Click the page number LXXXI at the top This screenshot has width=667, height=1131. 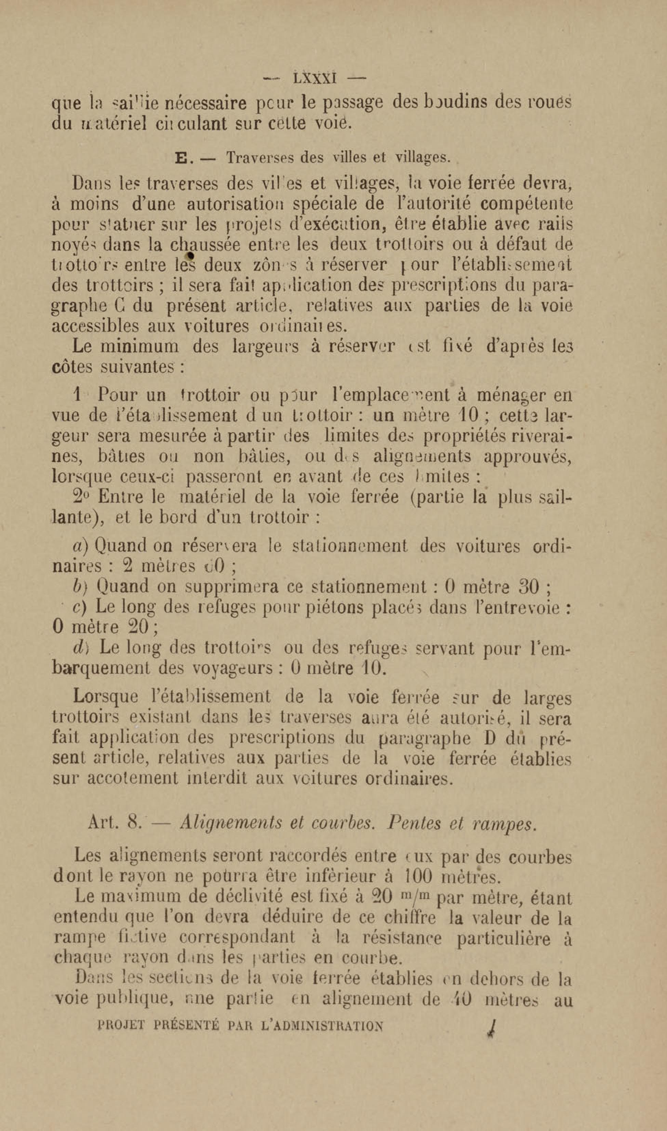click(x=315, y=79)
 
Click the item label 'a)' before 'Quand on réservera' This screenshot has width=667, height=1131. click(x=82, y=546)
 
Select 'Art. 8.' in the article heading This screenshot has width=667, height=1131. click(x=116, y=823)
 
